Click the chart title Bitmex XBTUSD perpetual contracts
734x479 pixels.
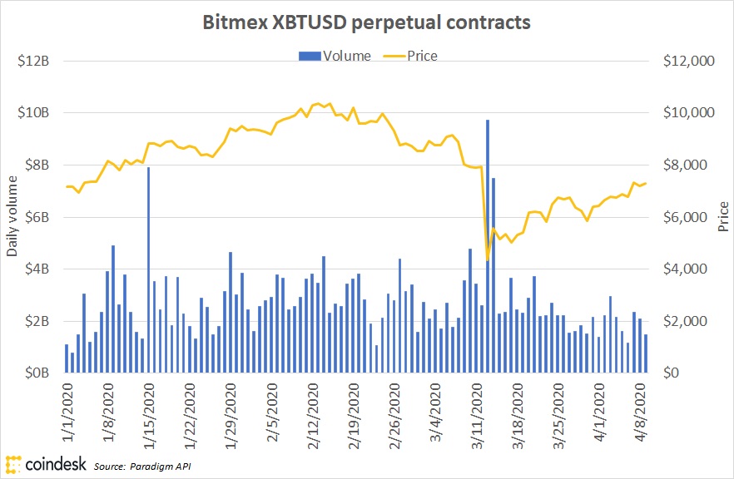pyautogui.click(x=366, y=22)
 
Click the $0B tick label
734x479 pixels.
pyautogui.click(x=35, y=373)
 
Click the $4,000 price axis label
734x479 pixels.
pyautogui.click(x=685, y=269)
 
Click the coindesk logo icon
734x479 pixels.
pyautogui.click(x=13, y=463)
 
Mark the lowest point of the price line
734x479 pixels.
pyautogui.click(x=487, y=260)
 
